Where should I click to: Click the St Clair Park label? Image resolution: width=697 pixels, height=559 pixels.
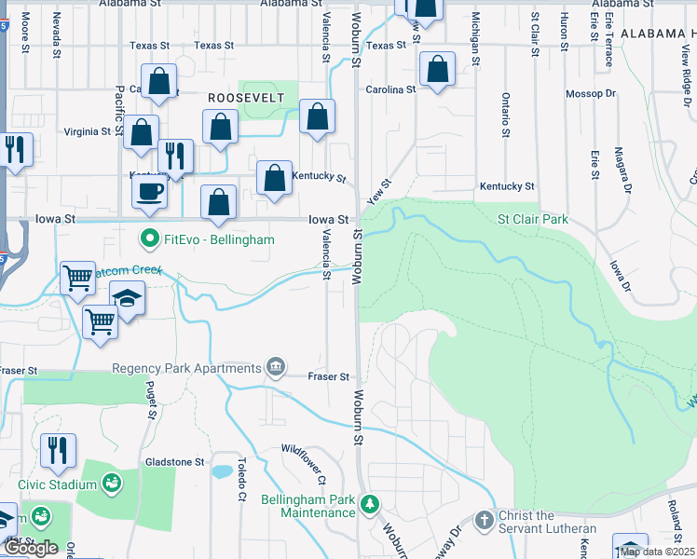532,220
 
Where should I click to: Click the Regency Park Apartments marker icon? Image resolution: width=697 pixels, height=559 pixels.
276,367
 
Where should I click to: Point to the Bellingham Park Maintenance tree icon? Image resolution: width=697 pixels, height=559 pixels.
371,504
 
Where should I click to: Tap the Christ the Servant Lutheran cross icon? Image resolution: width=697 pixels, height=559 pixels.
484,518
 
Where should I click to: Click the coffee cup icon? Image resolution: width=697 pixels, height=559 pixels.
150,192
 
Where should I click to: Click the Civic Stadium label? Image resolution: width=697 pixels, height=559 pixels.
58,484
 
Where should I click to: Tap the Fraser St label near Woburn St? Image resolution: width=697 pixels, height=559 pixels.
330,377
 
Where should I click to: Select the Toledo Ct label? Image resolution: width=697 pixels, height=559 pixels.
240,477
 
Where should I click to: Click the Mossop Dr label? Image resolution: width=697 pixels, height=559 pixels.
591,94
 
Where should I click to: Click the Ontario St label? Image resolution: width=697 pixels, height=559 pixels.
505,115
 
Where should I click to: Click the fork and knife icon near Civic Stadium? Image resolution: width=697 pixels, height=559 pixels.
58,451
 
